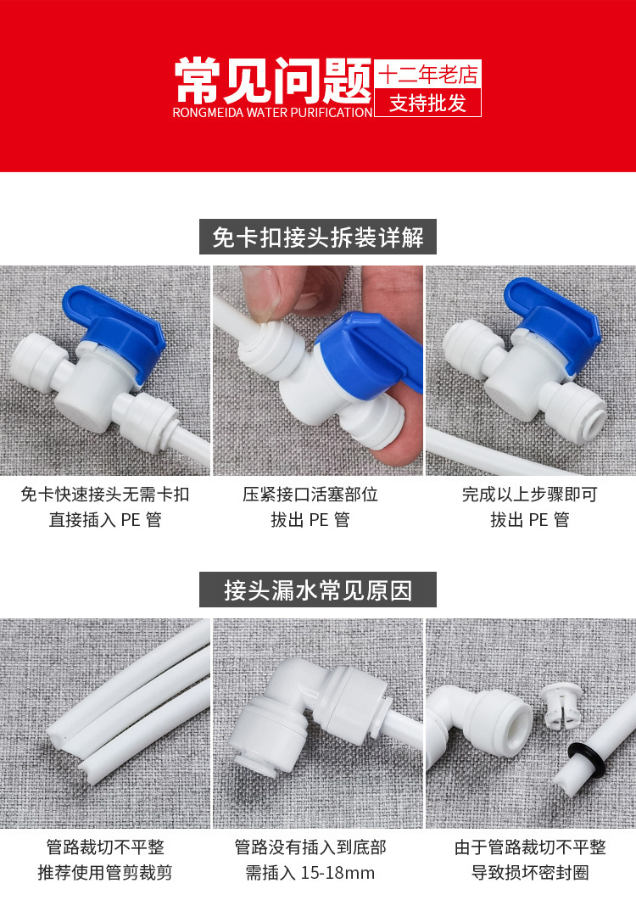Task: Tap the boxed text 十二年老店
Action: pyautogui.click(x=427, y=75)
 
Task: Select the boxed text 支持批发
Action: pyautogui.click(x=427, y=103)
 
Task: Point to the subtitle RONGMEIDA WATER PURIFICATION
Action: pyautogui.click(x=272, y=112)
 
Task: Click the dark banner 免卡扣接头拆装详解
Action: pyautogui.click(x=317, y=236)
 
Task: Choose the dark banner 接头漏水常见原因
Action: pyautogui.click(x=317, y=590)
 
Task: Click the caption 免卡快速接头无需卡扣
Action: pyautogui.click(x=105, y=494)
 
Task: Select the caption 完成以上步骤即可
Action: pyautogui.click(x=529, y=494)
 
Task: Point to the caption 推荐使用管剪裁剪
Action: pyautogui.click(x=105, y=873)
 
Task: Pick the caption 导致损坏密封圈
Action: pyautogui.click(x=529, y=873)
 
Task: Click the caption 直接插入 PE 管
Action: pyautogui.click(x=105, y=519)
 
